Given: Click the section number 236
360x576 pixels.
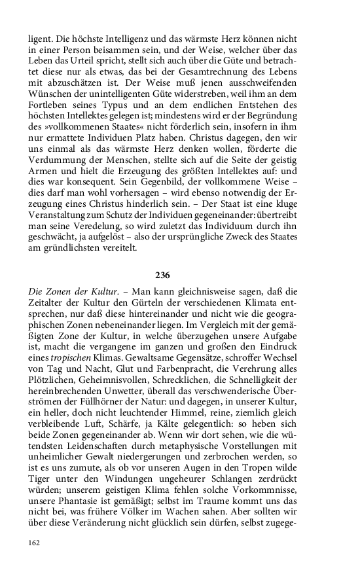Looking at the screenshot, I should (179, 276).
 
